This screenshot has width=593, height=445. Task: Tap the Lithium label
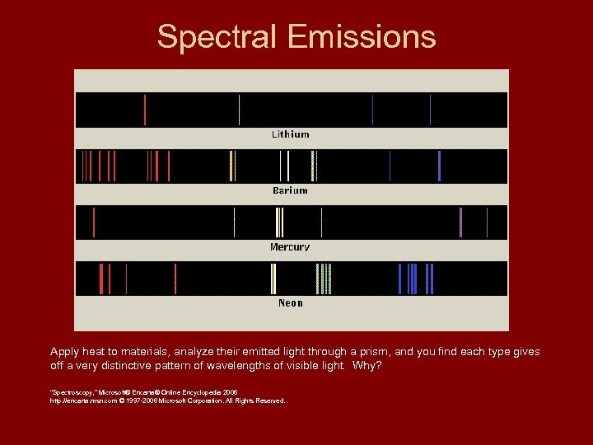tap(291, 134)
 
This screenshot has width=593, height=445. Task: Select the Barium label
tap(291, 190)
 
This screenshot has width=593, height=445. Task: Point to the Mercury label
tap(290, 247)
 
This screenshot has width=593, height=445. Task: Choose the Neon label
tap(291, 303)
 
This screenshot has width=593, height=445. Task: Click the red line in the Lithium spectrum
tap(145, 110)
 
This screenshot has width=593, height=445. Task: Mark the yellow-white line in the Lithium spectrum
tap(239, 110)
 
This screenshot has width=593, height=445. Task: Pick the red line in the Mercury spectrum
tap(94, 222)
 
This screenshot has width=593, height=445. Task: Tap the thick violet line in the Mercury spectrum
tap(460, 222)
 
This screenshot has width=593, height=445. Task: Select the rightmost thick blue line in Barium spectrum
tap(440, 166)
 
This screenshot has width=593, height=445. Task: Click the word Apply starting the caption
tap(63, 352)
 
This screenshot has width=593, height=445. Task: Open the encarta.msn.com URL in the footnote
tap(84, 400)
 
